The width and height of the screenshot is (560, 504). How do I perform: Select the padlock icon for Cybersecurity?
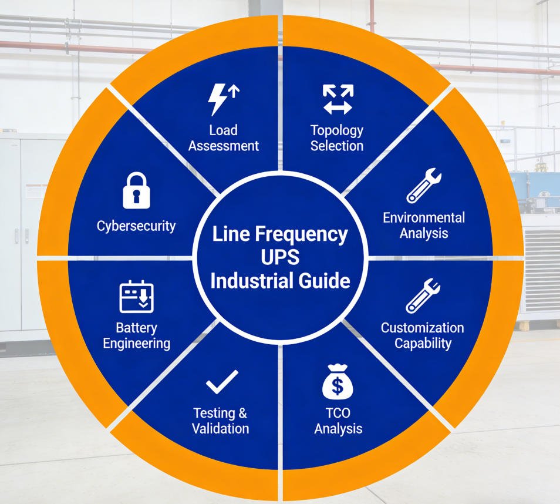pyautogui.click(x=136, y=191)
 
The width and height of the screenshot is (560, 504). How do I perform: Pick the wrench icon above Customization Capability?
pyautogui.click(x=423, y=296)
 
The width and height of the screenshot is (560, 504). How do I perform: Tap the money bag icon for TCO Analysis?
pyautogui.click(x=338, y=382)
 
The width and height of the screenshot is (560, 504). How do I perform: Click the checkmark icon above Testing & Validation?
pyautogui.click(x=222, y=382)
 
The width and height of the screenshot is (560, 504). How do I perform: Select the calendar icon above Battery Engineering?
pyautogui.click(x=136, y=297)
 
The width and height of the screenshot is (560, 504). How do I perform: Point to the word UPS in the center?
pyautogui.click(x=280, y=257)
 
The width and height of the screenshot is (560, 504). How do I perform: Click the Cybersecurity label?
pyautogui.click(x=136, y=226)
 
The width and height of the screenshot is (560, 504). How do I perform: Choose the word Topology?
pyautogui.click(x=337, y=130)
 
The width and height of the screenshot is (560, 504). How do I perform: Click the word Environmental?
pyautogui.click(x=424, y=217)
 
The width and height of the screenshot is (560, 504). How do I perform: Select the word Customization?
pyautogui.click(x=423, y=327)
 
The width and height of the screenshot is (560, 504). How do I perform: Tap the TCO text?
pyautogui.click(x=338, y=413)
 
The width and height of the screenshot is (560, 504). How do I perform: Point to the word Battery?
pyautogui.click(x=136, y=327)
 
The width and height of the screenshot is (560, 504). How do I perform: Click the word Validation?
pyautogui.click(x=221, y=428)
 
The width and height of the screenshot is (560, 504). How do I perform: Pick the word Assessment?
pyautogui.click(x=223, y=145)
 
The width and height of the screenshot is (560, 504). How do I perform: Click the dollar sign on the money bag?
pyautogui.click(x=338, y=387)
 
